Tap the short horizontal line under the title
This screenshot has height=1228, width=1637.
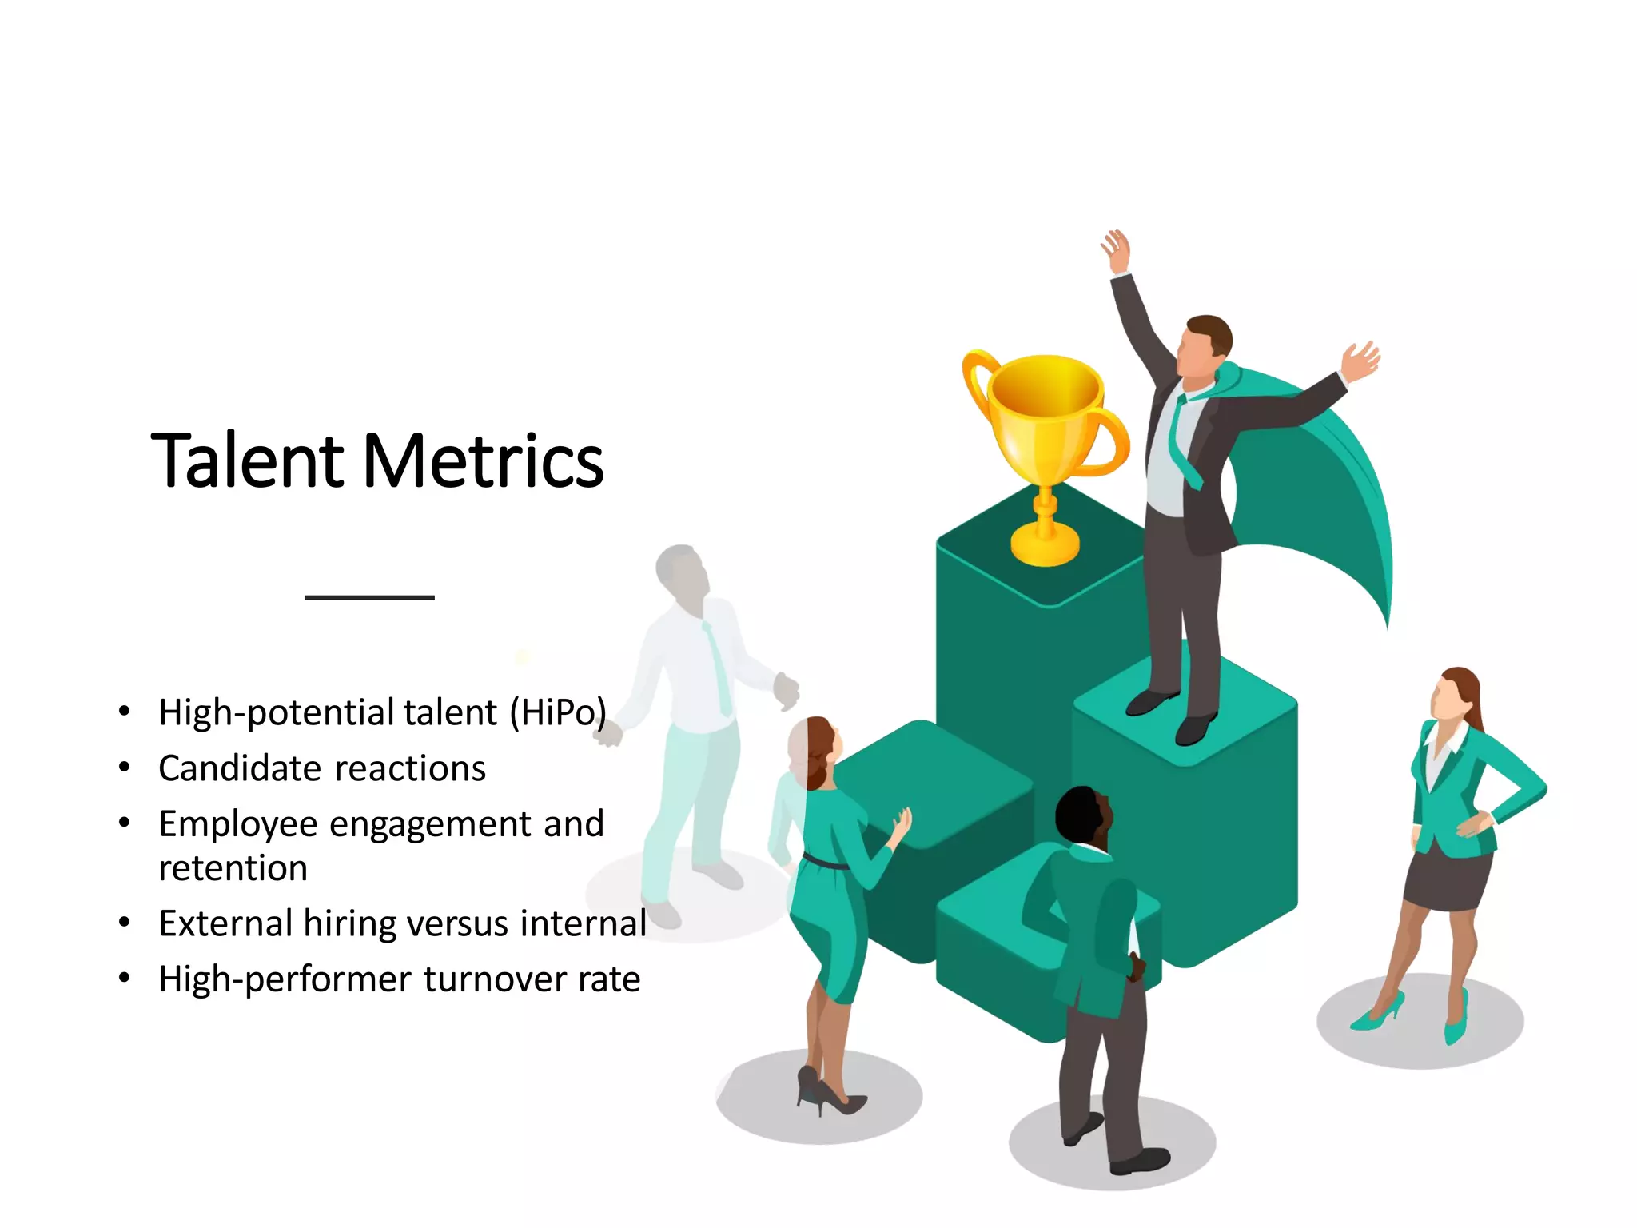point(369,597)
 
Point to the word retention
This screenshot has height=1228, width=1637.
point(233,868)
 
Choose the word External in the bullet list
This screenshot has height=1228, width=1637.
point(225,924)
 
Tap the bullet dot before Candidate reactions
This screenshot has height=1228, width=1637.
point(124,767)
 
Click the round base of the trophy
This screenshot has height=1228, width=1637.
point(1045,546)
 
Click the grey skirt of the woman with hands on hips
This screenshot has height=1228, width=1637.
point(1447,879)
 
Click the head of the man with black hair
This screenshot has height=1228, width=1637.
point(1083,815)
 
